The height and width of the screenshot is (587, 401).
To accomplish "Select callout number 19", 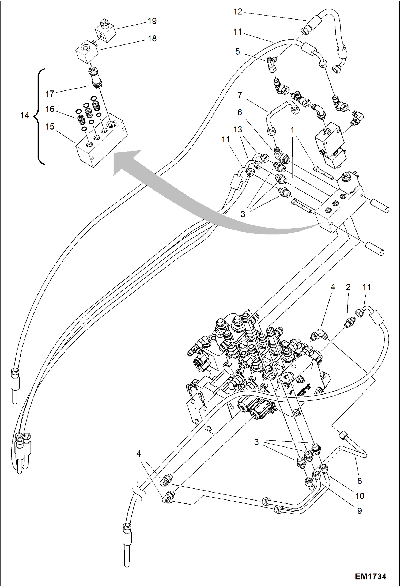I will click(152, 21).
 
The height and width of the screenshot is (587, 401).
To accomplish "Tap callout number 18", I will click(152, 39).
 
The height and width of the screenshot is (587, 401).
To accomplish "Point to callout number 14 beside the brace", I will click(25, 116).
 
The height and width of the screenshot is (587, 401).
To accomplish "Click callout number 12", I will click(237, 12).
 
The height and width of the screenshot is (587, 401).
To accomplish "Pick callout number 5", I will click(237, 52).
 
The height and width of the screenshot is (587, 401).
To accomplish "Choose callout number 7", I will click(240, 95).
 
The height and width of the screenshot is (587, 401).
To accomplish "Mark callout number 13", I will click(237, 130).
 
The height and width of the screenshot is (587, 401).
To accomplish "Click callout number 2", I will click(348, 287).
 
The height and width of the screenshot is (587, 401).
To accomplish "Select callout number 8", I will click(360, 481).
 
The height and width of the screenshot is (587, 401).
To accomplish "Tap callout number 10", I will click(360, 496).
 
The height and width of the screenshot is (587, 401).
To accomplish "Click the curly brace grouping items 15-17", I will click(39, 116).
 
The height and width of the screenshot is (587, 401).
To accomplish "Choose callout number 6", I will click(240, 112).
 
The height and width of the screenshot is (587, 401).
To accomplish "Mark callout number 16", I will click(50, 109).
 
